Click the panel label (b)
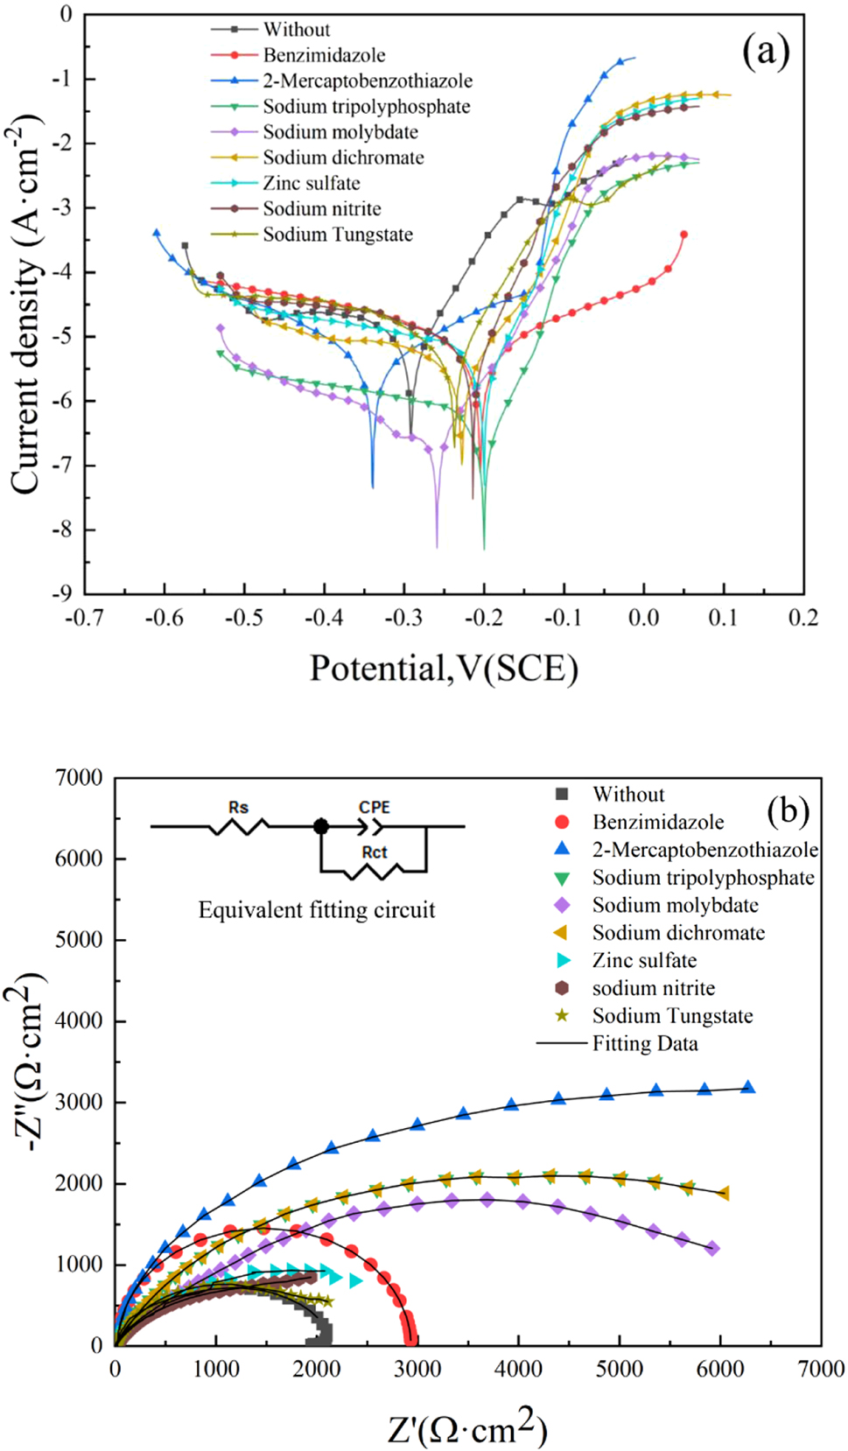pos(788,810)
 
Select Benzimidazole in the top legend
pos(324,55)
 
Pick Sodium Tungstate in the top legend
pos(338,235)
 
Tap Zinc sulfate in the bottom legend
pos(644,960)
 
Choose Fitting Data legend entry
pos(645,1043)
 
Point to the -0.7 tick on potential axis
pos(85,618)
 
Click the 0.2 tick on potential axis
pos(802,618)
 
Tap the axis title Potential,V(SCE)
pos(444,669)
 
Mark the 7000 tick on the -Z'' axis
pos(79,777)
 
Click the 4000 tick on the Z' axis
pos(518,1369)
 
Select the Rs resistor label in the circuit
pos(238,807)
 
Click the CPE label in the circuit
pos(374,807)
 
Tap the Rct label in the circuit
pos(374,852)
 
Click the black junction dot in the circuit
pos(321,826)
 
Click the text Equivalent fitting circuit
pos(316,910)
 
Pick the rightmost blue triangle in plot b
pos(748,1087)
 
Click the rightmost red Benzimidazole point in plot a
pos(683,235)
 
